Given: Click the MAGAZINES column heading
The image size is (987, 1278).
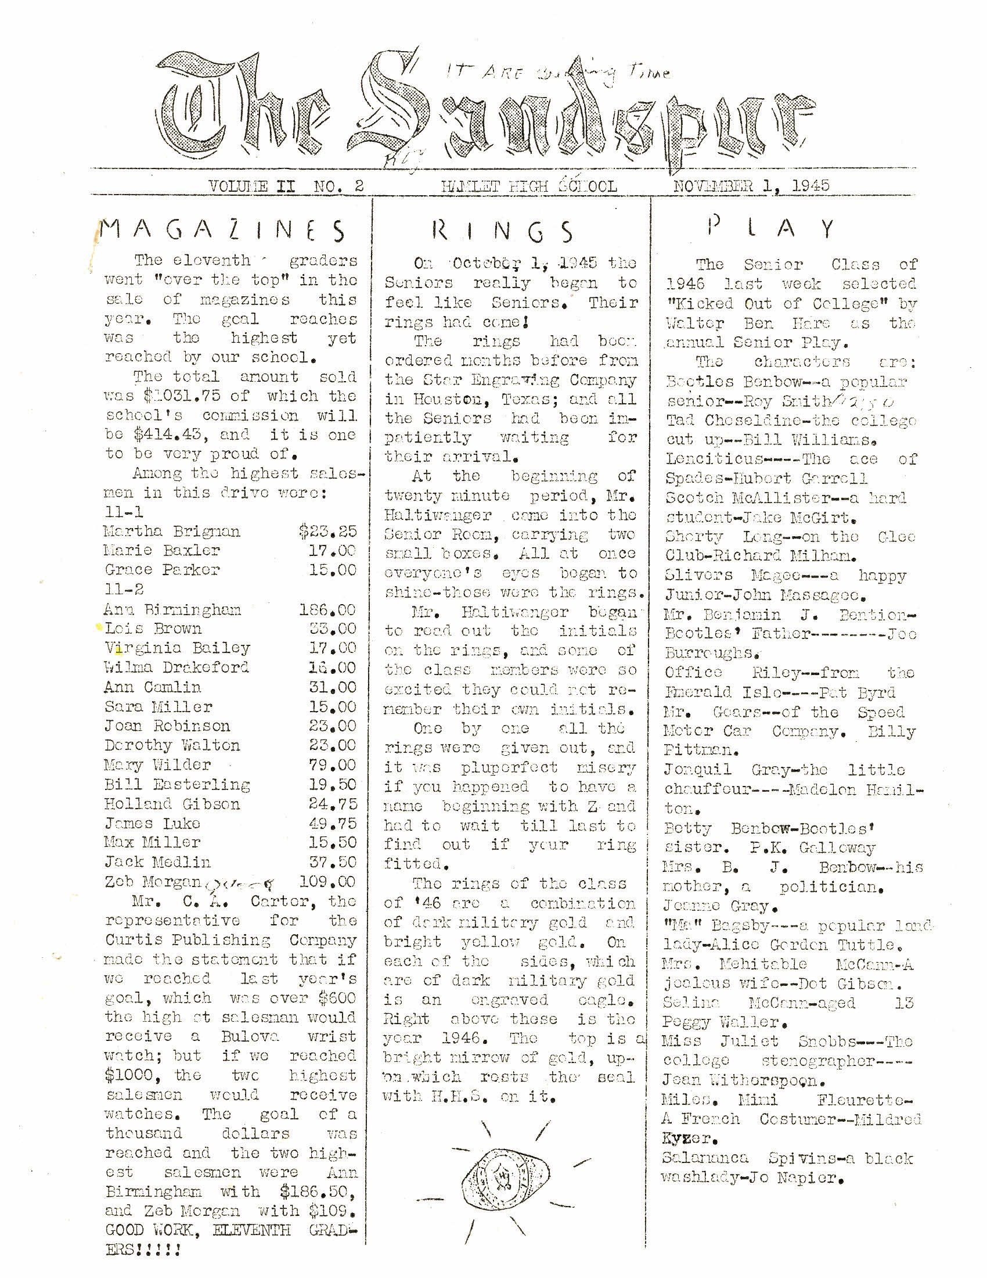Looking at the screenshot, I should pyautogui.click(x=222, y=230).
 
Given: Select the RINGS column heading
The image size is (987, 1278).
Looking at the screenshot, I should pyautogui.click(x=503, y=232).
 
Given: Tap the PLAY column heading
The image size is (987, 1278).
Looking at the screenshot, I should pyautogui.click(x=770, y=228).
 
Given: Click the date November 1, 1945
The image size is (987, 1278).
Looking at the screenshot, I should pyautogui.click(x=751, y=186).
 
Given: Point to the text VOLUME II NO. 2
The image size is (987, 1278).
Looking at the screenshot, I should pyautogui.click(x=286, y=186).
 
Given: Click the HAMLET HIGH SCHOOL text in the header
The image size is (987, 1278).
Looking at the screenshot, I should pyautogui.click(x=529, y=186).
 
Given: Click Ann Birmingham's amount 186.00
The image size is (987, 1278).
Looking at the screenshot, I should pyautogui.click(x=327, y=610).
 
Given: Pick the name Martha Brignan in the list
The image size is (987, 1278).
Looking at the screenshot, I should pyautogui.click(x=172, y=532).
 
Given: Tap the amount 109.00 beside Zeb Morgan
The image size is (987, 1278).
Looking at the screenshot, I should pyautogui.click(x=327, y=881).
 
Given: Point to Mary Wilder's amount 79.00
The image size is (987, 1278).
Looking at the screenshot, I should pyautogui.click(x=332, y=765).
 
